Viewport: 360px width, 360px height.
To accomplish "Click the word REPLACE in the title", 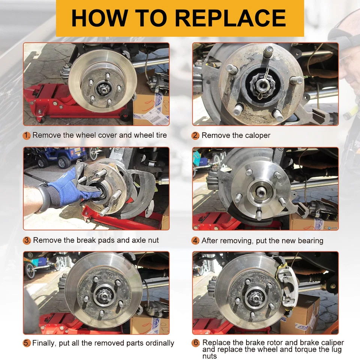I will (x=230, y=18).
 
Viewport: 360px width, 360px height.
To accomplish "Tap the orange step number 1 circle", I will (x=27, y=135).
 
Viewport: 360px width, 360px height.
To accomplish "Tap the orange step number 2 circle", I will (x=196, y=135).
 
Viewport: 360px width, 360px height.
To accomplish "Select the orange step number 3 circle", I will (x=27, y=240).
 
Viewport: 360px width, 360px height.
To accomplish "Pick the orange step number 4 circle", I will (x=196, y=240).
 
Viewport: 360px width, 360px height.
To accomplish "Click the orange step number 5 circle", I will (x=27, y=343).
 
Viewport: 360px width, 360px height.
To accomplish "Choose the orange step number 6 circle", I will (x=196, y=343).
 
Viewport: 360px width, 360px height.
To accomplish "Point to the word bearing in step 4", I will (x=308, y=240).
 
